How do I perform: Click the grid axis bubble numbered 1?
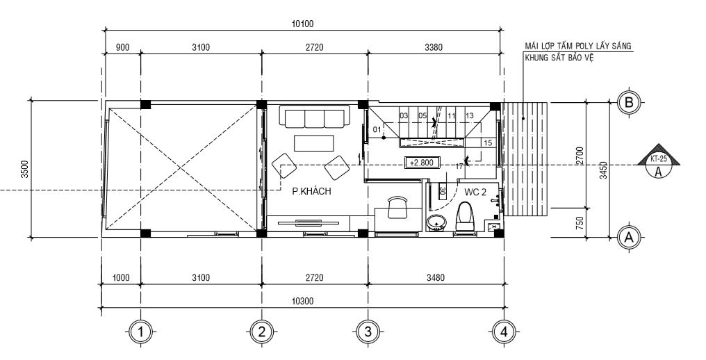[x=141, y=332]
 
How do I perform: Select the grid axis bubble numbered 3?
[x=368, y=332]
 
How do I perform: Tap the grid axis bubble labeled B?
[x=628, y=103]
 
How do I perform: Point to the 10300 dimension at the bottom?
[x=303, y=301]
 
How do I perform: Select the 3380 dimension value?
[x=433, y=47]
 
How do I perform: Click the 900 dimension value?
[x=122, y=47]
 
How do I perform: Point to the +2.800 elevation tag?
[x=421, y=163]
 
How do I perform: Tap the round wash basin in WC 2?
[x=437, y=222]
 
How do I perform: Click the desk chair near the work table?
[x=396, y=206]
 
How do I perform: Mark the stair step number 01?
[x=377, y=130]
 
